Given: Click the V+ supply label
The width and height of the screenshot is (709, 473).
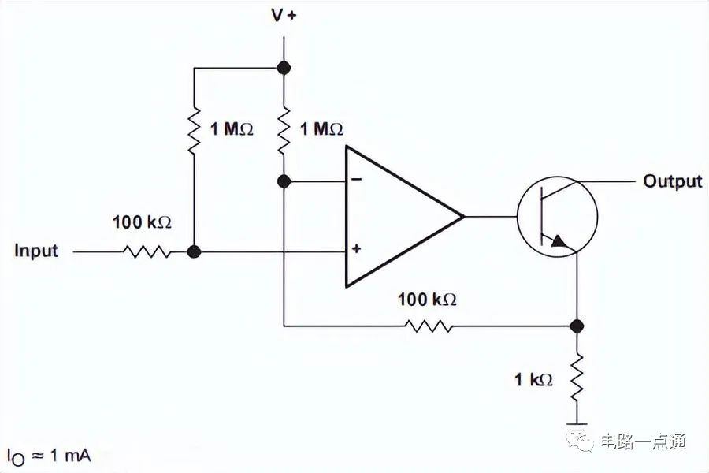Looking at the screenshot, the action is tap(284, 16).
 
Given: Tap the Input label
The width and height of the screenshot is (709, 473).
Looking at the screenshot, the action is tap(36, 251).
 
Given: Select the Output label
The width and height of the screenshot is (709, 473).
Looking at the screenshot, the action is tap(673, 181).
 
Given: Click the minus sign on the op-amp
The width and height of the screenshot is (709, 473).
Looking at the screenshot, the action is tap(356, 180).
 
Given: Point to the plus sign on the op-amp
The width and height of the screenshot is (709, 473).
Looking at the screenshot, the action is tap(356, 248).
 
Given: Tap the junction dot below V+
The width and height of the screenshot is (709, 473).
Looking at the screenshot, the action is tap(284, 68).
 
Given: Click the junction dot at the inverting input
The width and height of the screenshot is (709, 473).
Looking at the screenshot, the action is tap(284, 181).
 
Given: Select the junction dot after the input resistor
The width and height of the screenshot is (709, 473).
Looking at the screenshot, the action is tap(194, 251).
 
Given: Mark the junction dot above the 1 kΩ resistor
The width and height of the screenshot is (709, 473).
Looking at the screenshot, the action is tap(577, 326).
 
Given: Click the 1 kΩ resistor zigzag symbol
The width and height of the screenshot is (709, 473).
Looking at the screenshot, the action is tap(577, 378).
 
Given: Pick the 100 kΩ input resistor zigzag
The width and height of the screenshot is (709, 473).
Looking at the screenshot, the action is tap(147, 251).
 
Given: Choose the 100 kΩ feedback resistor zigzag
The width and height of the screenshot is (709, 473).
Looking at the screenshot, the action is tap(429, 326).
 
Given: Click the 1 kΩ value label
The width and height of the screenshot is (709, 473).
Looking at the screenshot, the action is tap(533, 379).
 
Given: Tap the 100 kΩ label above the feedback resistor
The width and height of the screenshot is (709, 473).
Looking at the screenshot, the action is tap(427, 300).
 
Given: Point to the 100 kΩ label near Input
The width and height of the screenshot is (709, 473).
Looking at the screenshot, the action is tap(142, 222).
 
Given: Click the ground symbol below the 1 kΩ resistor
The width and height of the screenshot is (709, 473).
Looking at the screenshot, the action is tap(577, 424).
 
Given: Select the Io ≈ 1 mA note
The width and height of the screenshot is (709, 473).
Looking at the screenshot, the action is tap(49, 456).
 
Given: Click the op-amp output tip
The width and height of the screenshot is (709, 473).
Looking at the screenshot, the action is tap(463, 216).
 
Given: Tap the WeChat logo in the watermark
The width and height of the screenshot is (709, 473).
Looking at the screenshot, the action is tap(580, 441).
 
